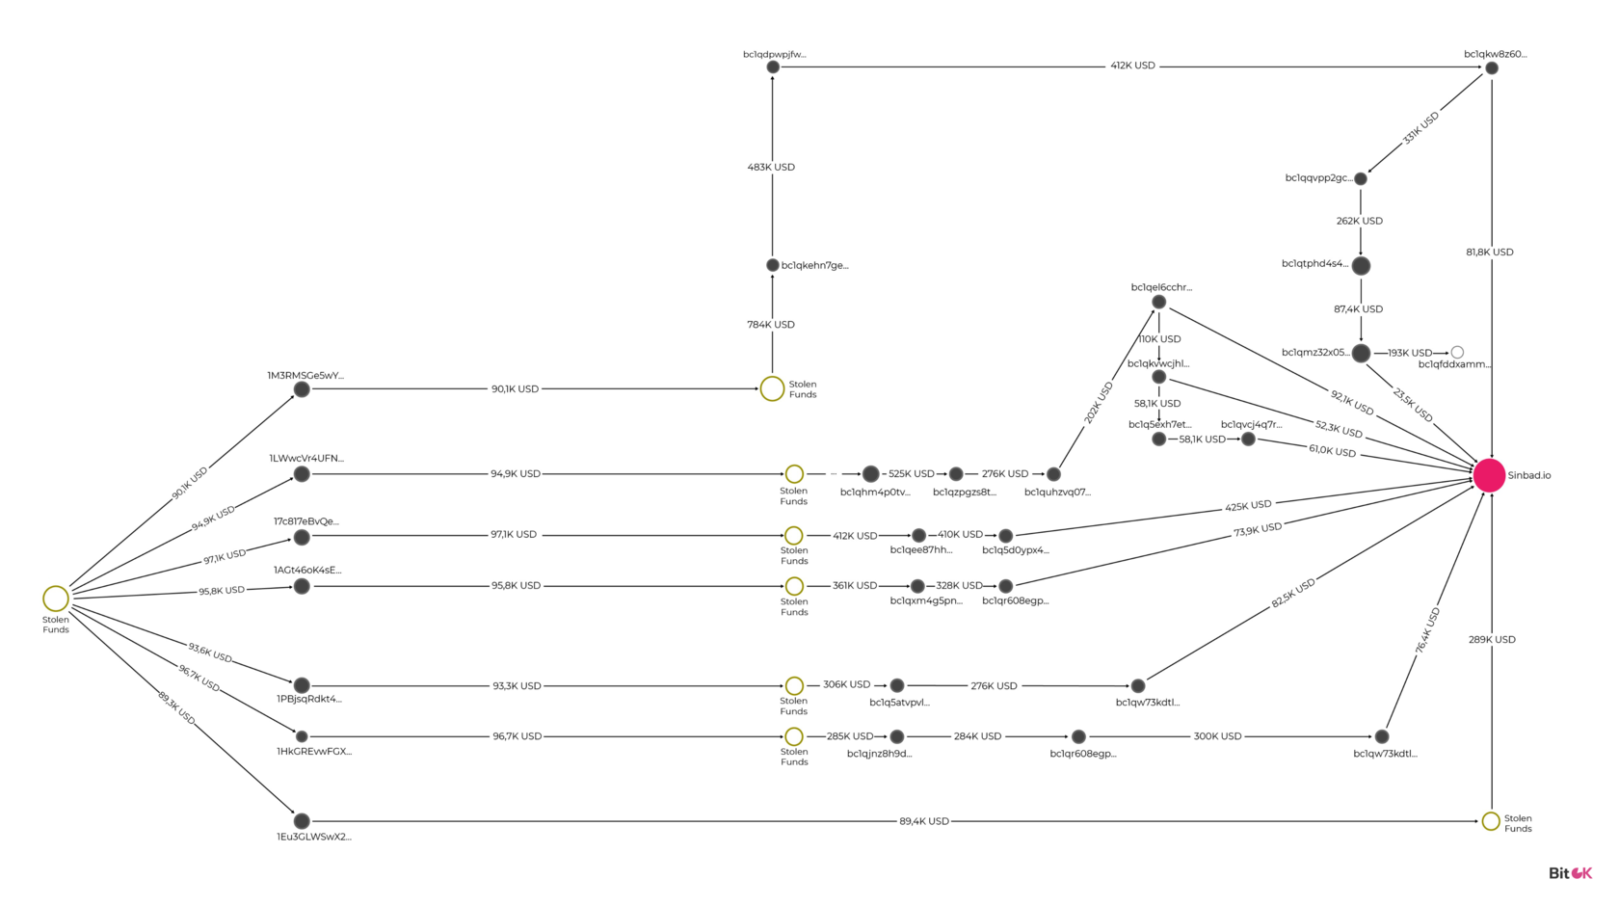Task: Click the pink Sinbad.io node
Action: pyautogui.click(x=1489, y=475)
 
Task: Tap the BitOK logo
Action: pyautogui.click(x=1570, y=873)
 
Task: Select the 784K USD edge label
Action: pyautogui.click(x=771, y=325)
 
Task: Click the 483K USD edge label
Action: pyautogui.click(x=771, y=167)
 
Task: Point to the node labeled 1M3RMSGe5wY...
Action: pyautogui.click(x=303, y=389)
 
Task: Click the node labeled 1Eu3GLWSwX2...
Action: pyautogui.click(x=303, y=821)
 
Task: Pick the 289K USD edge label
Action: pyautogui.click(x=1492, y=639)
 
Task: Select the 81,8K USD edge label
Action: pyautogui.click(x=1490, y=253)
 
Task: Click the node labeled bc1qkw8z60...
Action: pyautogui.click(x=1492, y=68)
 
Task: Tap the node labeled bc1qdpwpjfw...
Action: pyautogui.click(x=773, y=67)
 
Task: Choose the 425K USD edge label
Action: pyautogui.click(x=1247, y=505)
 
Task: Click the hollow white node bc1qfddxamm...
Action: pyautogui.click(x=1457, y=352)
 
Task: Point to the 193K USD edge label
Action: pyautogui.click(x=1409, y=353)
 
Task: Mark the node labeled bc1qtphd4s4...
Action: pyautogui.click(x=1361, y=266)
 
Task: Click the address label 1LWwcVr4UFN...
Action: pyautogui.click(x=306, y=458)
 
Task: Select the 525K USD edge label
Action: pyautogui.click(x=911, y=473)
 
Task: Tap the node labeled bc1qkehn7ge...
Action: pyautogui.click(x=773, y=265)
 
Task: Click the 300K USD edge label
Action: pyautogui.click(x=1217, y=736)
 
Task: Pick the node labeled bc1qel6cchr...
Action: pyautogui.click(x=1158, y=303)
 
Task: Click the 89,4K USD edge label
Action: pyautogui.click(x=923, y=821)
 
